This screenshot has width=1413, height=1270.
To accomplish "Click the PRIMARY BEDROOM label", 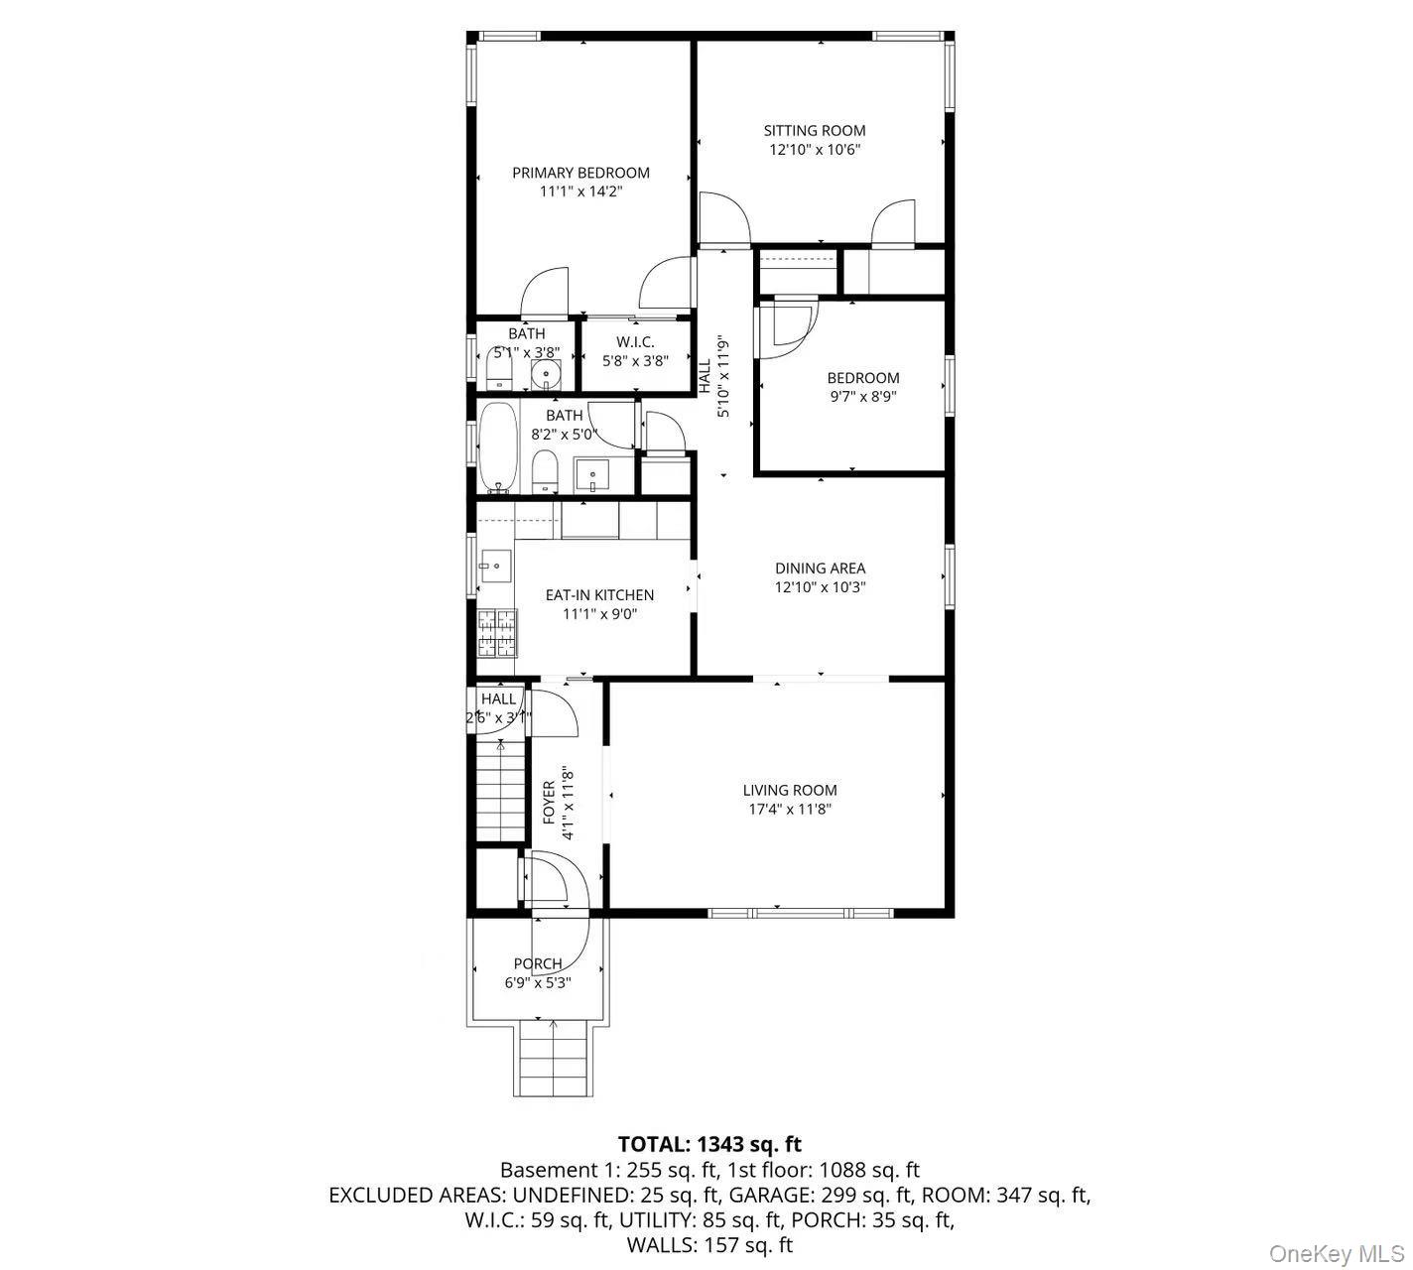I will (x=580, y=173).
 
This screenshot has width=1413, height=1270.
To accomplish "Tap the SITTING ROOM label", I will (x=814, y=130).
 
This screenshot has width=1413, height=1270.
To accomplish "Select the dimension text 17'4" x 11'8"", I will (x=790, y=810).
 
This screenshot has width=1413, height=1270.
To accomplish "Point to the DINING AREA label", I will (x=820, y=569).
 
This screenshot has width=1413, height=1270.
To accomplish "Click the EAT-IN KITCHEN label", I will (x=599, y=595).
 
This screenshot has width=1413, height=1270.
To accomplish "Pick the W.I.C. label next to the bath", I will (x=635, y=342).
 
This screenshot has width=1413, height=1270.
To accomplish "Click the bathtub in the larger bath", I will (x=498, y=446).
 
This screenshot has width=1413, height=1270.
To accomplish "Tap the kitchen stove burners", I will (x=497, y=633).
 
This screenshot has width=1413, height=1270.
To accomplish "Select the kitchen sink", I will (x=493, y=567).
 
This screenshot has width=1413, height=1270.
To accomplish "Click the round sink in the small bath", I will (x=545, y=374).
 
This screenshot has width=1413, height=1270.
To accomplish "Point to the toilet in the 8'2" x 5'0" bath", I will (x=545, y=471).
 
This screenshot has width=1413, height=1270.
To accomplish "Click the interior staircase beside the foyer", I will (x=500, y=792).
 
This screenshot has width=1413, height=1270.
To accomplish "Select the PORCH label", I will (x=538, y=963).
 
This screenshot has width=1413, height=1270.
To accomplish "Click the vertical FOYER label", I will (x=549, y=802).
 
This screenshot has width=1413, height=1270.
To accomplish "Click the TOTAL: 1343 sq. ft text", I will (x=709, y=1144).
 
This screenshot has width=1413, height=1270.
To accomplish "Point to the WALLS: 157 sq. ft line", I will (x=709, y=1244).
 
